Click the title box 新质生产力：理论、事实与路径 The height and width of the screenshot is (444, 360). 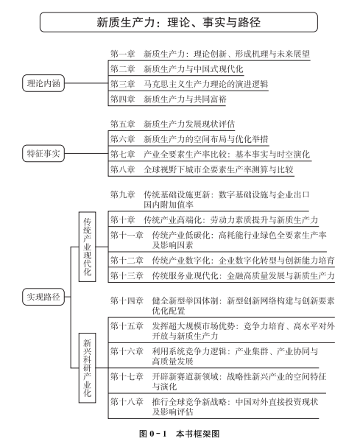(x=179, y=22)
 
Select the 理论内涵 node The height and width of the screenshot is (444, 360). (x=43, y=83)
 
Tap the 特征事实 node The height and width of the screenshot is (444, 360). (x=43, y=153)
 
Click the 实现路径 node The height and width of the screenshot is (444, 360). (x=43, y=297)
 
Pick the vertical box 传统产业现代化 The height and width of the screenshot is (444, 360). (x=87, y=247)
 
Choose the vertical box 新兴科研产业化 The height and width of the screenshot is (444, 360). (x=87, y=368)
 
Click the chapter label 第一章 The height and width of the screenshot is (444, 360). (x=122, y=54)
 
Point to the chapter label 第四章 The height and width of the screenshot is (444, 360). (x=122, y=99)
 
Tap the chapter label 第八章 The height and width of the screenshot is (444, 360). (x=122, y=169)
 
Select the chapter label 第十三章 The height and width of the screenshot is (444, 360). (x=127, y=275)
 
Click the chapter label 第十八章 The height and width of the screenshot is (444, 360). (x=127, y=401)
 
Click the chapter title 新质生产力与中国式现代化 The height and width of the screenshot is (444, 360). (x=194, y=68)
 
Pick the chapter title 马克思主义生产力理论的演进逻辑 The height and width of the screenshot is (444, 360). (x=205, y=84)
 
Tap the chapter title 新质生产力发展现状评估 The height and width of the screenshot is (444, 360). (x=189, y=124)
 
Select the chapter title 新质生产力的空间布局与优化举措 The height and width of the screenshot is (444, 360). (x=205, y=139)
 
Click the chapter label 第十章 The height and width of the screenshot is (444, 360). (x=122, y=219)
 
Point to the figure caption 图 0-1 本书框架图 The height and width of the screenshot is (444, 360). (x=179, y=434)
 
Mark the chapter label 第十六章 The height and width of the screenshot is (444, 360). (x=127, y=351)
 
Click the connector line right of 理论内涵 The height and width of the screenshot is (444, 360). (x=86, y=83)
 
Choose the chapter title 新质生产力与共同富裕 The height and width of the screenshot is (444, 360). (x=185, y=99)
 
